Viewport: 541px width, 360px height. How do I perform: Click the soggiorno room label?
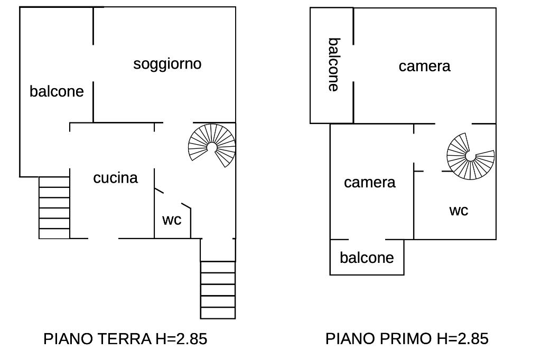tap(167, 64)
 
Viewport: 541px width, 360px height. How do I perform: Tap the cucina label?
tap(116, 177)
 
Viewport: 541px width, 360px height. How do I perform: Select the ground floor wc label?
tap(172, 220)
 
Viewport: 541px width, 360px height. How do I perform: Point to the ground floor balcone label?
tap(57, 91)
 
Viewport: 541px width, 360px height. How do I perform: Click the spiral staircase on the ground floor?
tap(212, 146)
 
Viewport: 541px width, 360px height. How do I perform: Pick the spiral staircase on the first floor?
tap(471, 156)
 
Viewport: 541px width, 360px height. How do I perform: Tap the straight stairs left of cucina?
tap(54, 207)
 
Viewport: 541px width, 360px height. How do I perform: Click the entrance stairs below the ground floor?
tap(218, 290)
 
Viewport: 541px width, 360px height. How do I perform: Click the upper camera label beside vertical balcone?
tap(424, 66)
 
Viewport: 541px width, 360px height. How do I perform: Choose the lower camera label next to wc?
tap(369, 183)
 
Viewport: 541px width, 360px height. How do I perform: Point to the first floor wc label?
tap(459, 211)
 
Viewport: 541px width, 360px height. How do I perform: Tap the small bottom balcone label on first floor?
tap(367, 258)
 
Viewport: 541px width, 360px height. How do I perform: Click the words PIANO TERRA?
tap(97, 338)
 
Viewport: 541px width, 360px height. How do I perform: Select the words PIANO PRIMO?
tap(378, 338)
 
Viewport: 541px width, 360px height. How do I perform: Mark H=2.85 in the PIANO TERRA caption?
tap(182, 338)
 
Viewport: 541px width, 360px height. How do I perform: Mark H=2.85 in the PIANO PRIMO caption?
tap(463, 338)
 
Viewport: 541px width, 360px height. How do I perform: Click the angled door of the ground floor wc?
tap(173, 198)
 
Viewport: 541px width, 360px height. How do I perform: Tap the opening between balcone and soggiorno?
tap(93, 63)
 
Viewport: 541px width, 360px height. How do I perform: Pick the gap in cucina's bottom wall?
tap(104, 238)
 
